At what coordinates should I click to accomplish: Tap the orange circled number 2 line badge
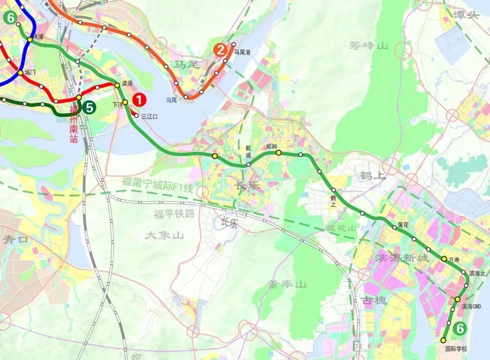220,50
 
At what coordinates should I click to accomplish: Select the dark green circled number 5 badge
90,108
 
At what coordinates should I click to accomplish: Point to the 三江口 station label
149,117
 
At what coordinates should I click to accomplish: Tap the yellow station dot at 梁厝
117,85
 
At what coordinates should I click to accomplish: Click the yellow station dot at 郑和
279,153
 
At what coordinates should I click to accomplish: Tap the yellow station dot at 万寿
444,258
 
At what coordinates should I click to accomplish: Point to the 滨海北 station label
477,273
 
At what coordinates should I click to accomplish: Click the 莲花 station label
403,224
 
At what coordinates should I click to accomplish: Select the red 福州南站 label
74,124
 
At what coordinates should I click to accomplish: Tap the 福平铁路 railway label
174,214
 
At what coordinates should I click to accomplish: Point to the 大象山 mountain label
164,235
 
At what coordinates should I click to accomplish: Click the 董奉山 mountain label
286,284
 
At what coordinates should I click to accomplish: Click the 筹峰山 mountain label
369,45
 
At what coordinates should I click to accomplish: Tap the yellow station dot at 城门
20,73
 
